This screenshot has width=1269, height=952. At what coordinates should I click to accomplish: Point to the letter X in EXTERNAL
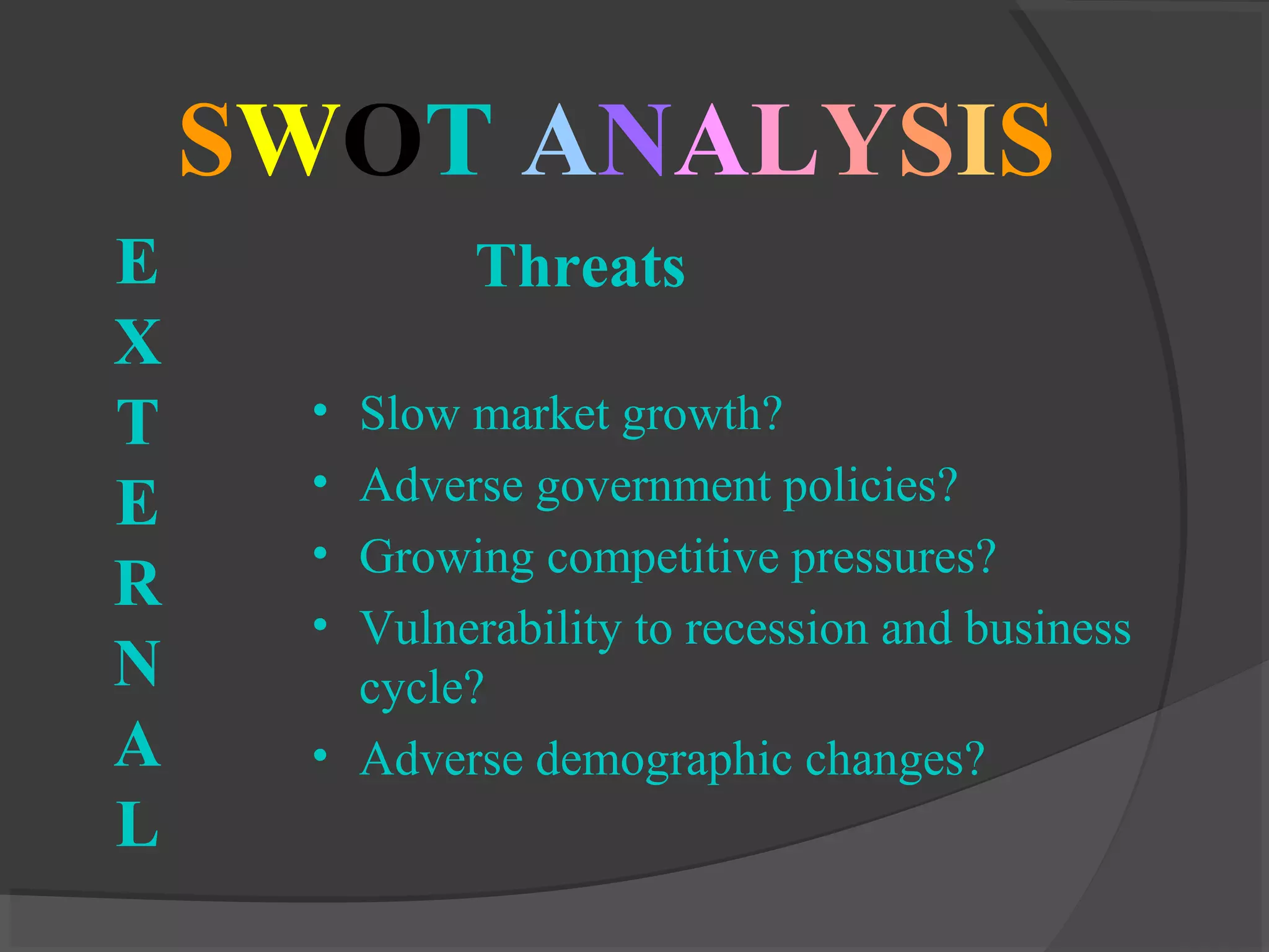pyautogui.click(x=138, y=342)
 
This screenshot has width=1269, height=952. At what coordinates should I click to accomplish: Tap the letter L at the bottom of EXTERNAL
pyautogui.click(x=138, y=824)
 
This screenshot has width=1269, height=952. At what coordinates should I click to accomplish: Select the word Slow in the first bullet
pyautogui.click(x=410, y=413)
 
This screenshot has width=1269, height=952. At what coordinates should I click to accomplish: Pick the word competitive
pyautogui.click(x=663, y=557)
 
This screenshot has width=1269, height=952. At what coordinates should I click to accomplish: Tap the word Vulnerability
pyautogui.click(x=490, y=628)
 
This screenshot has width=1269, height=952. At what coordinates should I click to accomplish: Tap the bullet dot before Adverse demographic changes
pyautogui.click(x=320, y=756)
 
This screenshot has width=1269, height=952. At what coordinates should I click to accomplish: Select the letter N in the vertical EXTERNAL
pyautogui.click(x=138, y=664)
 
